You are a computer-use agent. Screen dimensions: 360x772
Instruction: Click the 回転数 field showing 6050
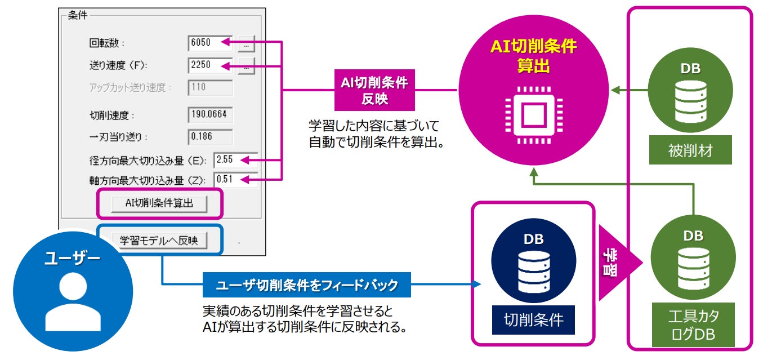pos(210,43)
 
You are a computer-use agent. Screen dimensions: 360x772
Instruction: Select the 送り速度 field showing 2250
pos(210,65)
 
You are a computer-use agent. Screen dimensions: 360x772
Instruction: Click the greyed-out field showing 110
pos(210,88)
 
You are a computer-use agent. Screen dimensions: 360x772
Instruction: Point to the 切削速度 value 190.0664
pos(210,115)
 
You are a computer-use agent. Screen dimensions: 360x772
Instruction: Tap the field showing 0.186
pos(210,136)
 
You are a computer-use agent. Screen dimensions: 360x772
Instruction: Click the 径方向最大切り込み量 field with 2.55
pos(235,160)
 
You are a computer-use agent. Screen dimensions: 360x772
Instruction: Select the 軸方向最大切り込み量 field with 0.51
pos(235,180)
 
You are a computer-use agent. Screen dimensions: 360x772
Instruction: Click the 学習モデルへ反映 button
pos(159,241)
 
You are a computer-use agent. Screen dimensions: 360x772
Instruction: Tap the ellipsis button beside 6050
pos(246,43)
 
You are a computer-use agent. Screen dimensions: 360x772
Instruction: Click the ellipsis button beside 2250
pos(246,66)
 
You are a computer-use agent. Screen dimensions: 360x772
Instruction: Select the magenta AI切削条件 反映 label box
pos(374,90)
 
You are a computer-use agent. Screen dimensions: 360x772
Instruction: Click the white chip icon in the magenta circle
pos(532,116)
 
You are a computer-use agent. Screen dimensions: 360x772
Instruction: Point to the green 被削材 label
pos(690,151)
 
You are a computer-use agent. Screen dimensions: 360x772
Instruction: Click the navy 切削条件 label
pos(533,320)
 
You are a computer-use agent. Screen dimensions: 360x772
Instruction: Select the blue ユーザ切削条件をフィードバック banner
pos(306,285)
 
